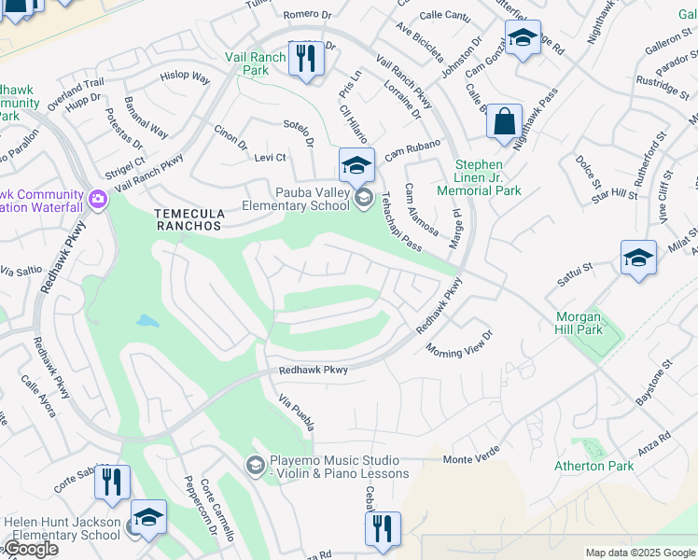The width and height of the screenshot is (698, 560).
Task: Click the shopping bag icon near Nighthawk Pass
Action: pyautogui.click(x=504, y=123)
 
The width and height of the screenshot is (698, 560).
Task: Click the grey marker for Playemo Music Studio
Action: pyautogui.click(x=255, y=465)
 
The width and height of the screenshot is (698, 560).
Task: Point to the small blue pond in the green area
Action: pyautogui.click(x=147, y=321)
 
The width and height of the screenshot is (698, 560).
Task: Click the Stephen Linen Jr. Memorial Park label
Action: pyautogui.click(x=487, y=177)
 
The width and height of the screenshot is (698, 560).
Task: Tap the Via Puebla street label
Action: pyautogui.click(x=297, y=412)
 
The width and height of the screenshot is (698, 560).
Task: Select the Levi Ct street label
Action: pyautogui.click(x=270, y=158)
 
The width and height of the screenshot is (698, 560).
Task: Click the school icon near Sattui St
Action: pyautogui.click(x=638, y=259)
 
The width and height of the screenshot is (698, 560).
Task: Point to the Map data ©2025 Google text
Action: pyautogui.click(x=640, y=553)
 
